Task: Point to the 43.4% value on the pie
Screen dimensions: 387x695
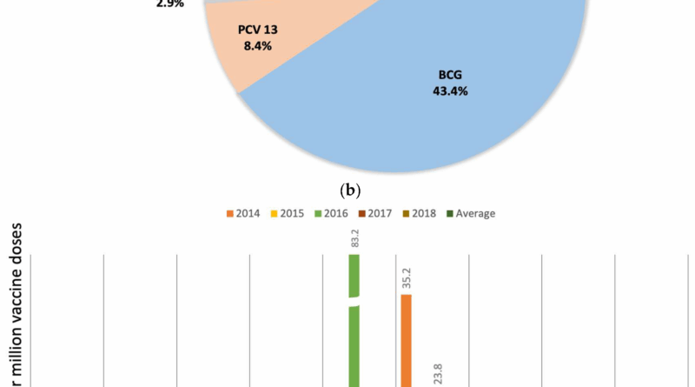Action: pyautogui.click(x=450, y=90)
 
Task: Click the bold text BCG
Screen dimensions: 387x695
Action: pyautogui.click(x=450, y=76)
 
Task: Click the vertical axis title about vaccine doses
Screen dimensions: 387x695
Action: pyautogui.click(x=17, y=304)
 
